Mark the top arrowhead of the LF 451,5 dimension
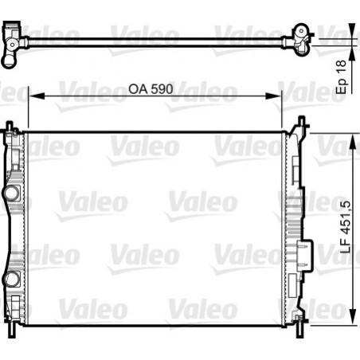pos(352,136)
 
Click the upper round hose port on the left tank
pos(11,193)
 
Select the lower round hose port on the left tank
pos(11,279)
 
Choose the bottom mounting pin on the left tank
pos(11,326)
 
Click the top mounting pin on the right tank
pos(301,123)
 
